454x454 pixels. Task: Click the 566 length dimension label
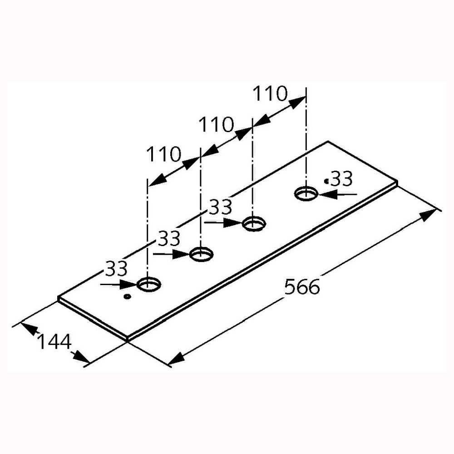302,286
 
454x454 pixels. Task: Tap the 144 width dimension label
54,342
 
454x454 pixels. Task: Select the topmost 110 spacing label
270,94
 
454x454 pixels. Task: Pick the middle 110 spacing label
216,124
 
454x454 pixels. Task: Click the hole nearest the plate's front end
149,284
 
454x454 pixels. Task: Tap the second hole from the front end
201,254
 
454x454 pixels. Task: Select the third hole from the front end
254,223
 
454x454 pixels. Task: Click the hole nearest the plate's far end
306,193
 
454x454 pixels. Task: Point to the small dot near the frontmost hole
127,296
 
